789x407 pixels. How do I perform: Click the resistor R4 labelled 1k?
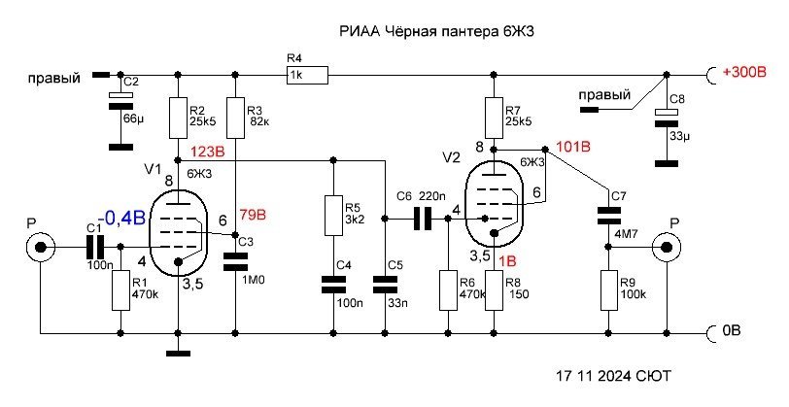307,74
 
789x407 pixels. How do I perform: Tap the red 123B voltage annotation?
208,152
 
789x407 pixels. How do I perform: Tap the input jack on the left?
41,248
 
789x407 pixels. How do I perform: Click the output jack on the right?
668,248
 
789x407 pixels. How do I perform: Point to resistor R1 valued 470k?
120,291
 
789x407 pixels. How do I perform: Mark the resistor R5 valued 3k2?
333,214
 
